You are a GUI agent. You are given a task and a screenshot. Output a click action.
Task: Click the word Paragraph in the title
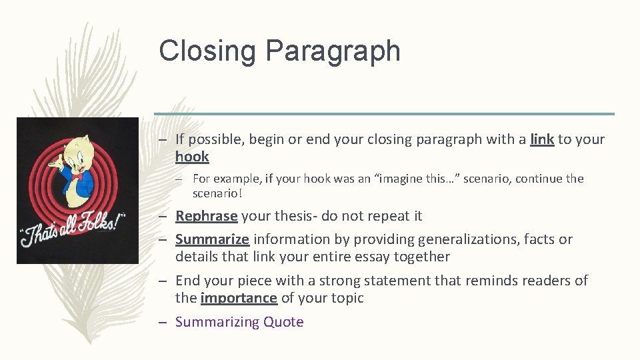pyautogui.click(x=333, y=52)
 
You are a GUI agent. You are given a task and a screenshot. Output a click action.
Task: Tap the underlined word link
pyautogui.click(x=542, y=139)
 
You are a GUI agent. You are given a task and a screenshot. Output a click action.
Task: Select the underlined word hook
pyautogui.click(x=192, y=157)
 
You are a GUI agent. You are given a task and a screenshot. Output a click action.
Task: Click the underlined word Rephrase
pyautogui.click(x=206, y=216)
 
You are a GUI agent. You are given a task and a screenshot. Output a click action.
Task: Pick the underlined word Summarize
pyautogui.click(x=212, y=239)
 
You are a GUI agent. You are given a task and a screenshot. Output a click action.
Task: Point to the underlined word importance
pyautogui.click(x=239, y=298)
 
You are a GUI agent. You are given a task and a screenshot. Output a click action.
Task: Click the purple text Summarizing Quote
pyautogui.click(x=239, y=322)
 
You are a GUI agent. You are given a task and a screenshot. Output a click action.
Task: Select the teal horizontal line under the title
pyautogui.click(x=384, y=113)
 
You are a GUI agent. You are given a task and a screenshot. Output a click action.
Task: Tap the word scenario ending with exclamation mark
pyautogui.click(x=217, y=193)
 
